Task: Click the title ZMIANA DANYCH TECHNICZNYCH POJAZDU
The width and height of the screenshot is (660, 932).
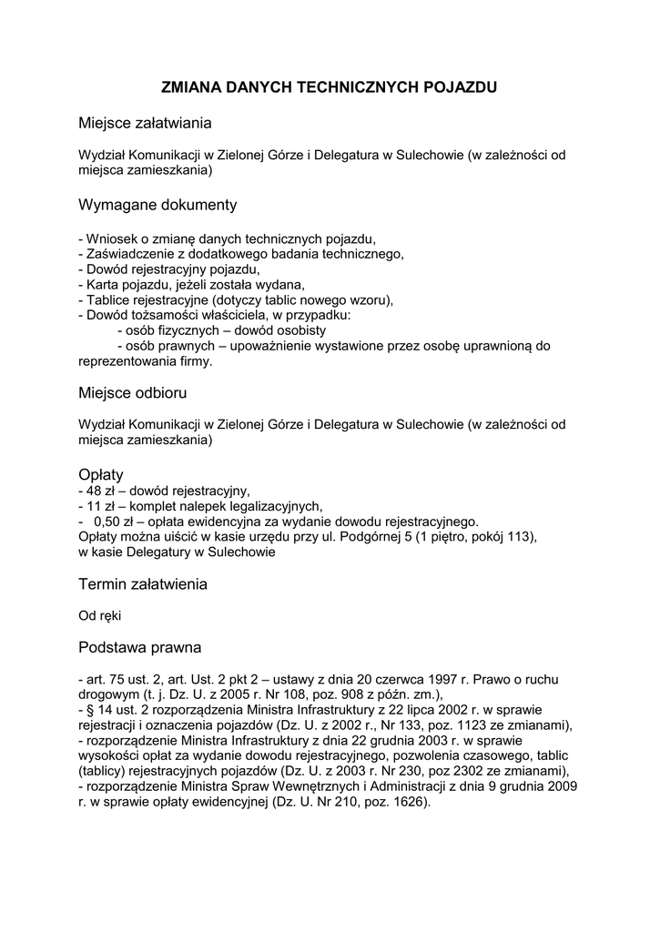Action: pos(330,87)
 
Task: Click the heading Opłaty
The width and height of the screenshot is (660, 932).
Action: pos(101,474)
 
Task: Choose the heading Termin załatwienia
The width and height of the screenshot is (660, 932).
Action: pos(143,583)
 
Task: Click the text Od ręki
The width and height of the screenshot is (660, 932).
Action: pos(99,616)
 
